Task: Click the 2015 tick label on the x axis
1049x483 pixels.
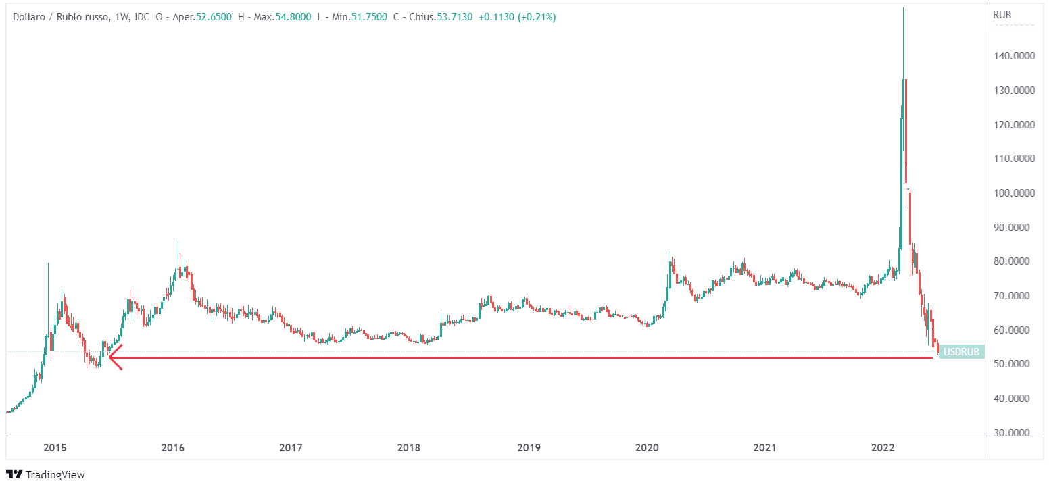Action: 55,447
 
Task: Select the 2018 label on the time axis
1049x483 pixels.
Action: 408,447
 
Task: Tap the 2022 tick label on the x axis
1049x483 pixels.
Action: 883,447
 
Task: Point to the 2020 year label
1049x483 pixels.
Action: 647,447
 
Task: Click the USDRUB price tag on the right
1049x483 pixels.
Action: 961,352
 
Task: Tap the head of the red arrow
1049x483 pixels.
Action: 112,357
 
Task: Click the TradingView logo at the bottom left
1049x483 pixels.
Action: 45,475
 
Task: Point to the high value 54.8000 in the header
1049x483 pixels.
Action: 292,17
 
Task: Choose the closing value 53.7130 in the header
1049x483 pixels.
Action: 456,17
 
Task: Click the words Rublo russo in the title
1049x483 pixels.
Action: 87,17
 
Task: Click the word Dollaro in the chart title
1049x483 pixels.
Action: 30,17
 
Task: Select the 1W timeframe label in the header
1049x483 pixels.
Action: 122,17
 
